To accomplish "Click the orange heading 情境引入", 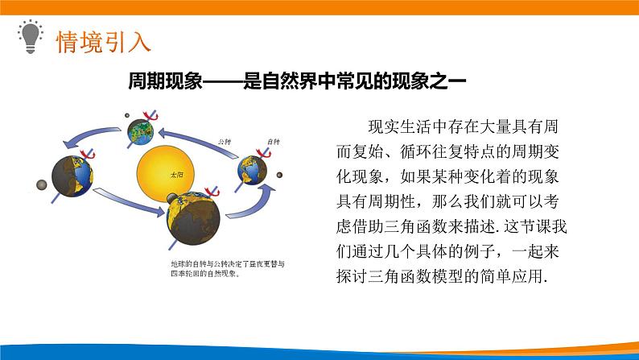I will [101, 39].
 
